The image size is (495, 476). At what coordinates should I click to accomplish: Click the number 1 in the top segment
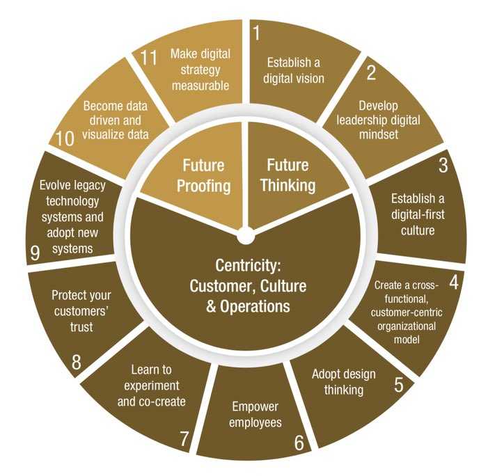click(x=257, y=33)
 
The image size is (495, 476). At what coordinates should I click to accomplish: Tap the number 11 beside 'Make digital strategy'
click(x=148, y=58)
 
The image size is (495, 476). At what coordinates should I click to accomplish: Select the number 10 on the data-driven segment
click(x=65, y=138)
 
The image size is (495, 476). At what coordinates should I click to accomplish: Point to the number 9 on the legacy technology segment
click(x=36, y=253)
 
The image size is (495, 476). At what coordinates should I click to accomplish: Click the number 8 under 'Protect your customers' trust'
click(x=77, y=362)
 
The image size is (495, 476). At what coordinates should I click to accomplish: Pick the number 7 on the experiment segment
click(x=184, y=438)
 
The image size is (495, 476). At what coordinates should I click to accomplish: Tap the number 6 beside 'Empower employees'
click(x=299, y=443)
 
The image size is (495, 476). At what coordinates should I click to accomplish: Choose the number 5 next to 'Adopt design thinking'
click(x=399, y=384)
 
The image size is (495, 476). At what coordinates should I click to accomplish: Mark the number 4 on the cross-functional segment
click(x=454, y=283)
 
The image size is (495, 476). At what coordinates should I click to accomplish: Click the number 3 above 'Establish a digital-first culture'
click(x=443, y=165)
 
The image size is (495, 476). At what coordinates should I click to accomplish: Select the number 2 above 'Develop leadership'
click(x=371, y=72)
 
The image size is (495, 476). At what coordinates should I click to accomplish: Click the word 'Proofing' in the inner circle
click(x=203, y=187)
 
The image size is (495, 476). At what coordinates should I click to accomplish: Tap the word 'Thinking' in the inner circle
click(x=288, y=185)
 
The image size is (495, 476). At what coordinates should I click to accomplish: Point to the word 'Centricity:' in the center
click(x=248, y=265)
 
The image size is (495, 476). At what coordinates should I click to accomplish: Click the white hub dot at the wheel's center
click(x=246, y=235)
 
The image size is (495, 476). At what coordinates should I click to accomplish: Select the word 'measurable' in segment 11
click(x=201, y=86)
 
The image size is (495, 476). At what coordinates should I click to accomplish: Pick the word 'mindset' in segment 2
click(x=379, y=135)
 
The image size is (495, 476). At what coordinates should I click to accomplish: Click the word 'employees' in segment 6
click(x=255, y=422)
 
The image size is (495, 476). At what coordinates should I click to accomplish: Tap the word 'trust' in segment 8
click(x=81, y=327)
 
